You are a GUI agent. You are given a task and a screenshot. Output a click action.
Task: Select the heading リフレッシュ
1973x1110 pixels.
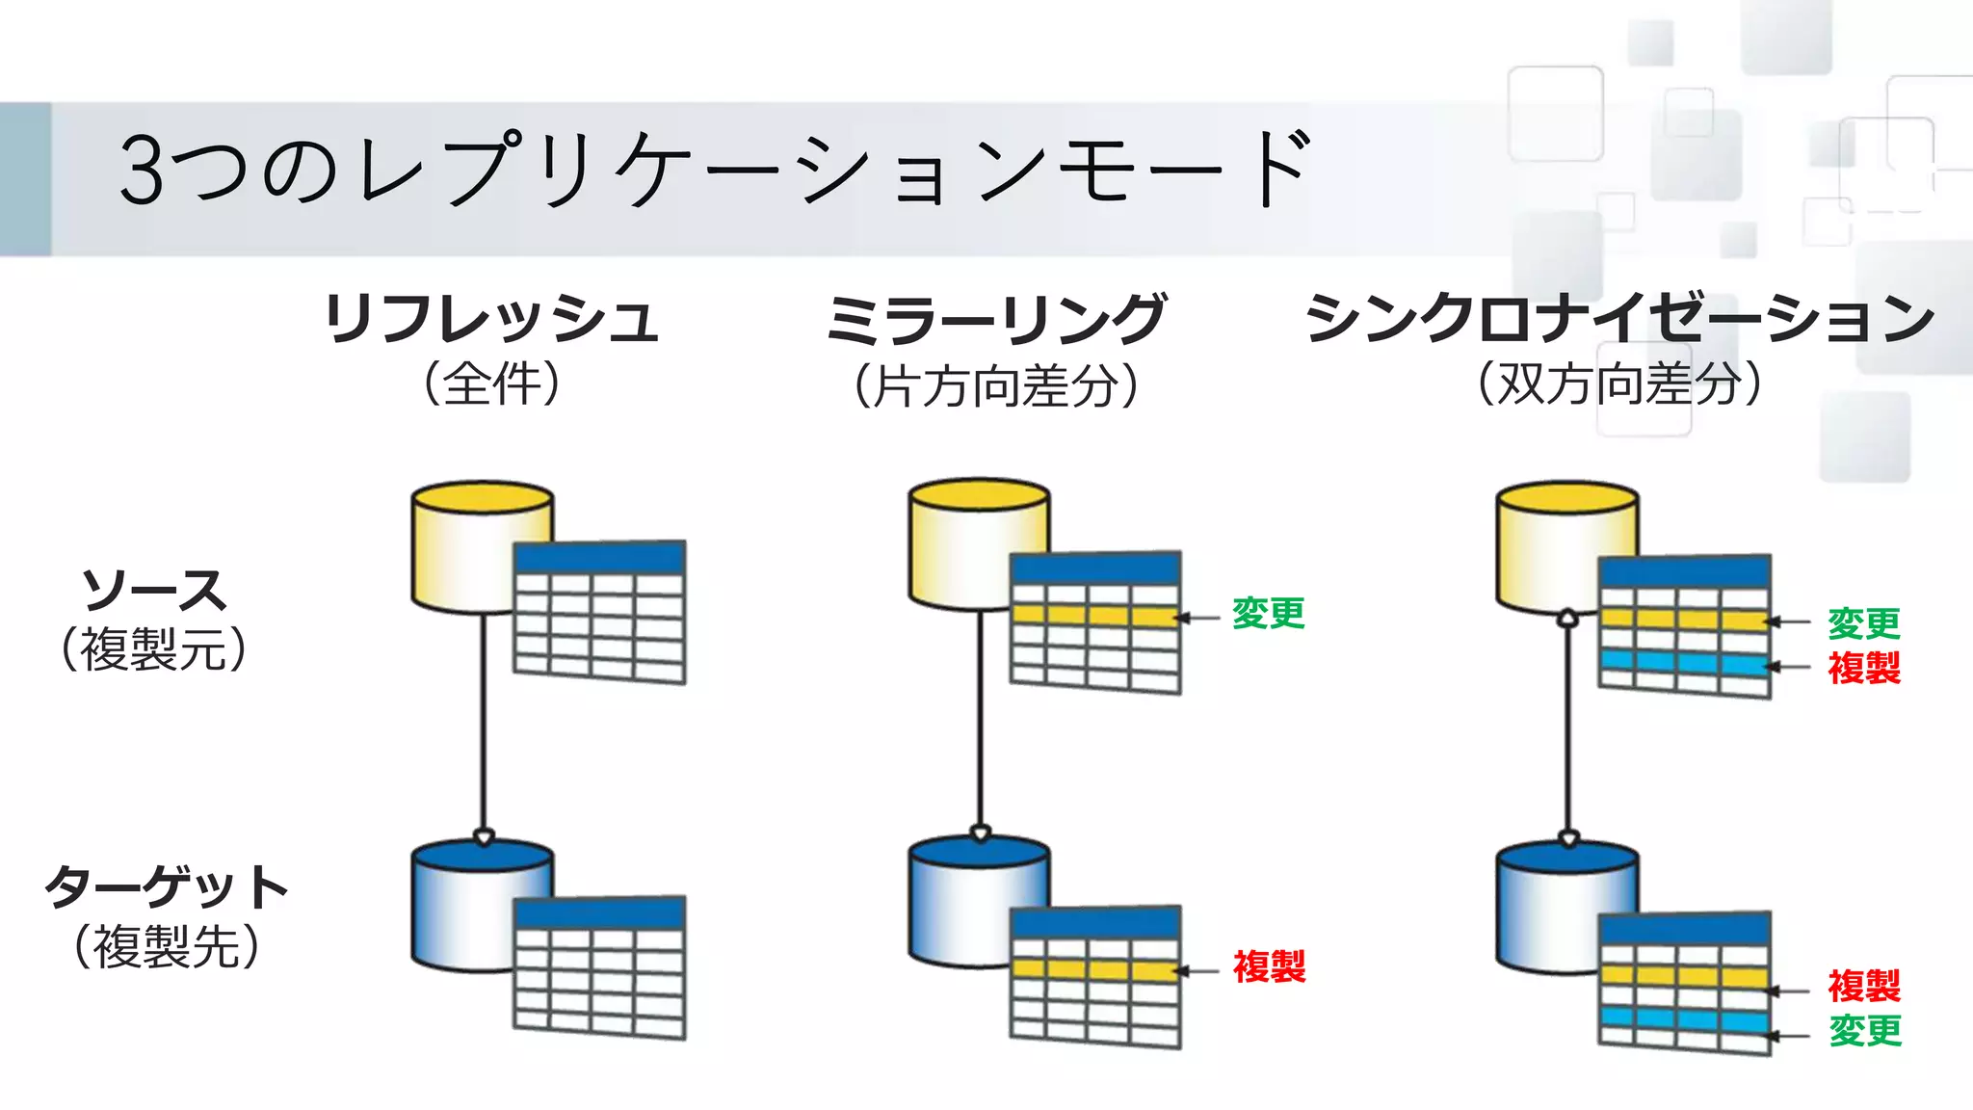click(491, 319)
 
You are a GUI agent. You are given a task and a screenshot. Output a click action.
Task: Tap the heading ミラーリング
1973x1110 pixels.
click(996, 319)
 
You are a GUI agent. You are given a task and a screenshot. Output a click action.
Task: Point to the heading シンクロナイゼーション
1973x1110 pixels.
click(1619, 318)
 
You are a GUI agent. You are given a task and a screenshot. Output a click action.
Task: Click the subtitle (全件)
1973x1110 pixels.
click(491, 383)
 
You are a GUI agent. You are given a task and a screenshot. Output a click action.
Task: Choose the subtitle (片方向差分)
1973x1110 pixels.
click(996, 386)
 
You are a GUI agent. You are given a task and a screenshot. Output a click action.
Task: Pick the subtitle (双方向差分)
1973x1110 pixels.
click(1619, 383)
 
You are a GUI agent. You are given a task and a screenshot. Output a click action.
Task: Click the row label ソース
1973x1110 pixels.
click(154, 591)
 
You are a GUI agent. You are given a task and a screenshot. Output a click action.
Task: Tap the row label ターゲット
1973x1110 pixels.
click(166, 886)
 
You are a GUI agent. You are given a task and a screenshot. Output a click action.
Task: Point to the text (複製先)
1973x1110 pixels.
click(166, 946)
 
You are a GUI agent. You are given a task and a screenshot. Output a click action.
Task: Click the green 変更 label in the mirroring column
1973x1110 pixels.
click(1268, 614)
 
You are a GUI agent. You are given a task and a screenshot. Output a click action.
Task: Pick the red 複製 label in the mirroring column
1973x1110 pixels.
click(1269, 966)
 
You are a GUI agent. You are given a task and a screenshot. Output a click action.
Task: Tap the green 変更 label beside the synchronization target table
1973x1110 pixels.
click(1865, 1031)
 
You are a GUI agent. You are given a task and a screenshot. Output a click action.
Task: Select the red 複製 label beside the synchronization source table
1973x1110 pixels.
click(1864, 668)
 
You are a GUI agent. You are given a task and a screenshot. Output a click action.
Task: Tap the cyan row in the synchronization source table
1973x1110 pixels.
click(1684, 662)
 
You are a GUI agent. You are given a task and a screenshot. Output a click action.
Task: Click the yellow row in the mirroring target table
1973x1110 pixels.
click(1095, 969)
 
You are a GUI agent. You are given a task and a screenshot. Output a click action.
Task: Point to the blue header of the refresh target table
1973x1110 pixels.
click(599, 912)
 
